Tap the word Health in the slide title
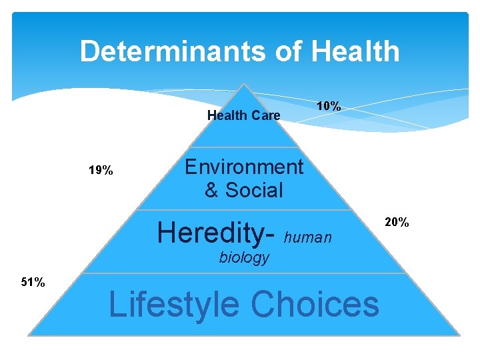(x=355, y=51)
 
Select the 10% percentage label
(x=329, y=106)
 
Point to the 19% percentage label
(x=101, y=171)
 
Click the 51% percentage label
(x=33, y=283)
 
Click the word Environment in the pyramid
(x=243, y=167)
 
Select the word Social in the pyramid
(x=254, y=190)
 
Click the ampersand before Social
(x=211, y=190)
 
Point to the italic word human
(x=307, y=237)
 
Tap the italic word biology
(x=244, y=257)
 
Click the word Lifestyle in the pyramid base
(x=173, y=304)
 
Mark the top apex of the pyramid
(x=245, y=84)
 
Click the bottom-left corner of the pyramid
(x=29, y=334)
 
